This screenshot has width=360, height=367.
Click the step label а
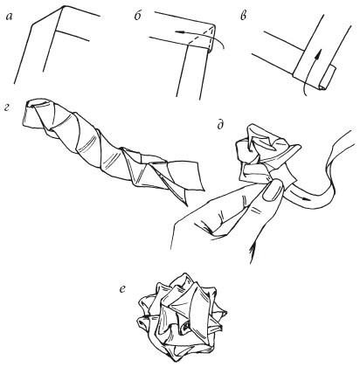[x=10, y=17]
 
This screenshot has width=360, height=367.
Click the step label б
[x=138, y=16]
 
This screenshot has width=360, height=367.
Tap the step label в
[x=244, y=17]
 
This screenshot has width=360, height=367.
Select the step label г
[x=8, y=109]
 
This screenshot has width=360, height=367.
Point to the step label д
[x=220, y=125]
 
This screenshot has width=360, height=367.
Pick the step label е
[x=122, y=288]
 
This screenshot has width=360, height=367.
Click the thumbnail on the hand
[x=272, y=190]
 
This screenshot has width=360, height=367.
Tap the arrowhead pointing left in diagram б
[x=179, y=31]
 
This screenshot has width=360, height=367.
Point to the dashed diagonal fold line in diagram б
[x=201, y=35]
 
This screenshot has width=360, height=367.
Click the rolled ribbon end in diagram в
[x=328, y=78]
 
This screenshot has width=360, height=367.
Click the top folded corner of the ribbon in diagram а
[x=62, y=7]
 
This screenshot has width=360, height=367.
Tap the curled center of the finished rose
[x=185, y=329]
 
